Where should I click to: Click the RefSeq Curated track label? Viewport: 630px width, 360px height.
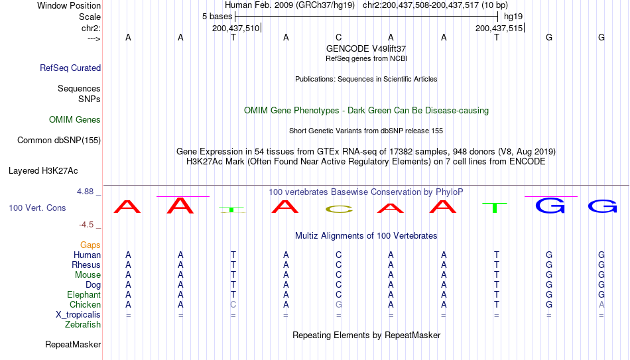pos(70,68)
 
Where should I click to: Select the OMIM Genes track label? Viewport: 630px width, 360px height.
pos(75,120)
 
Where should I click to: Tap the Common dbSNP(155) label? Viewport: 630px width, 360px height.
pos(59,141)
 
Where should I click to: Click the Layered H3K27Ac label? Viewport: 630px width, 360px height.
pos(43,171)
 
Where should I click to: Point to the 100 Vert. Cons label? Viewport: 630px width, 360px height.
pos(37,208)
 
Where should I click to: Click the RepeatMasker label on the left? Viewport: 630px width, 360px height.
pos(73,344)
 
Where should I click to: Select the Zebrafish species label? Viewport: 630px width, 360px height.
pos(83,324)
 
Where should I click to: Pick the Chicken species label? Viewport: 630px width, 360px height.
pos(85,304)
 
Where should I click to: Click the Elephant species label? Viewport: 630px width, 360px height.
pos(84,294)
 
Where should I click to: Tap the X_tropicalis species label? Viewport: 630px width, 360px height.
pos(78,315)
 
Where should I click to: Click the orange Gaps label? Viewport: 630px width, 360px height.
pos(90,245)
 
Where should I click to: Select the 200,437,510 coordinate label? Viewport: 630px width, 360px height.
pos(236,28)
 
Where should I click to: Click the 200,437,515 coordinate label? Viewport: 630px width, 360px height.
pos(499,28)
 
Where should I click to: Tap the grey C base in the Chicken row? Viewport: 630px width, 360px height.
pos(233,304)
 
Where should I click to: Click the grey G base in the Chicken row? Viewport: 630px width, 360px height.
pos(339,304)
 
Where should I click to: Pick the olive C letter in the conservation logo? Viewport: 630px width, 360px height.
pos(339,209)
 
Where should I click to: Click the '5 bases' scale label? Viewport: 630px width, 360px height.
pos(217,17)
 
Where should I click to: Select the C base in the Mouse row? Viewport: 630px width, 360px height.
pos(339,275)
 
